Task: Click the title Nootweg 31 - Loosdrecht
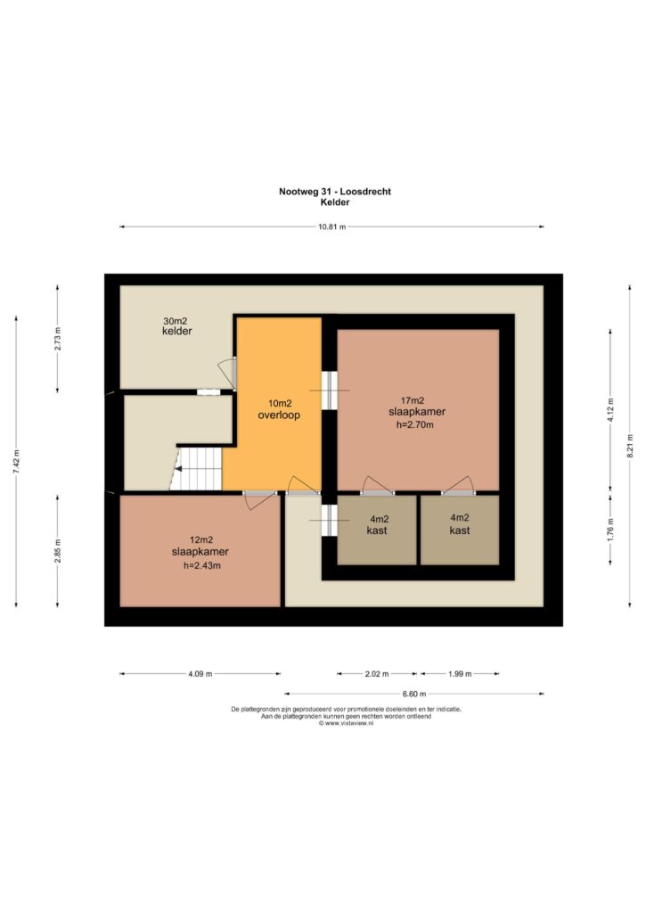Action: coord(335,191)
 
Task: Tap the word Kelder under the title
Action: coord(335,202)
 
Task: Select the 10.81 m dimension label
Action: coord(331,226)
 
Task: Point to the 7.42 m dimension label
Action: coord(16,462)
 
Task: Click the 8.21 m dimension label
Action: coord(630,447)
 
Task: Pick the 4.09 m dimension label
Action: coord(200,674)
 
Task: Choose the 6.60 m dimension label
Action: coord(413,694)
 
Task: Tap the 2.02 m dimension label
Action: coord(377,674)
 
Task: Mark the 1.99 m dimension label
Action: coord(460,674)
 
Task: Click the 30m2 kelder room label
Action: coord(176,326)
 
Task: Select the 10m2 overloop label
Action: coord(279,409)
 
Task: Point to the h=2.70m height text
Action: coord(414,424)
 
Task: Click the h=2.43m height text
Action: coord(201,564)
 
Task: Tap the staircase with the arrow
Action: coord(196,469)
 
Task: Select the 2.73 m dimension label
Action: coord(57,339)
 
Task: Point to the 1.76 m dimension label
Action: coord(610,530)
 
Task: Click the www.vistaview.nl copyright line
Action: coord(347,723)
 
